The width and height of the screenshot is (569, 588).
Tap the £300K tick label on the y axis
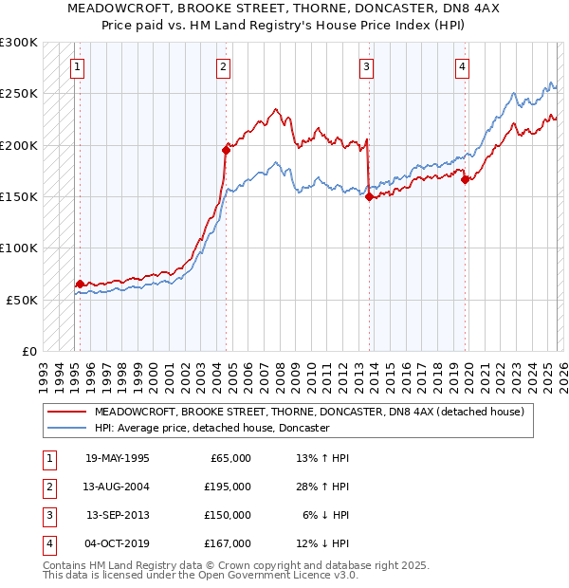[x=19, y=43]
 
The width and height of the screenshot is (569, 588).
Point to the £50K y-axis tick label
[x=22, y=299]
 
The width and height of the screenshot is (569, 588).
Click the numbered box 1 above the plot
[x=76, y=66]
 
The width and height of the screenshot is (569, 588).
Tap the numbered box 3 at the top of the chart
[x=366, y=66]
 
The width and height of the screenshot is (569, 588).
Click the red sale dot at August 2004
[x=226, y=150]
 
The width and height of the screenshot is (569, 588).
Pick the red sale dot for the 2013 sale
[x=369, y=196]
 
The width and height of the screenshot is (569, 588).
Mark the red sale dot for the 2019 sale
[x=465, y=179]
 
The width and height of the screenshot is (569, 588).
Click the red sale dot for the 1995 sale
[x=80, y=284]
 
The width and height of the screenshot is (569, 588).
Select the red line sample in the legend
[x=66, y=412]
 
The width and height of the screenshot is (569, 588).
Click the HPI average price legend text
[x=211, y=429]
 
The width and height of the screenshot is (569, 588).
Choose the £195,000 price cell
[x=228, y=487]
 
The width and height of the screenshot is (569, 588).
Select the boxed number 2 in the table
[x=48, y=487]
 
